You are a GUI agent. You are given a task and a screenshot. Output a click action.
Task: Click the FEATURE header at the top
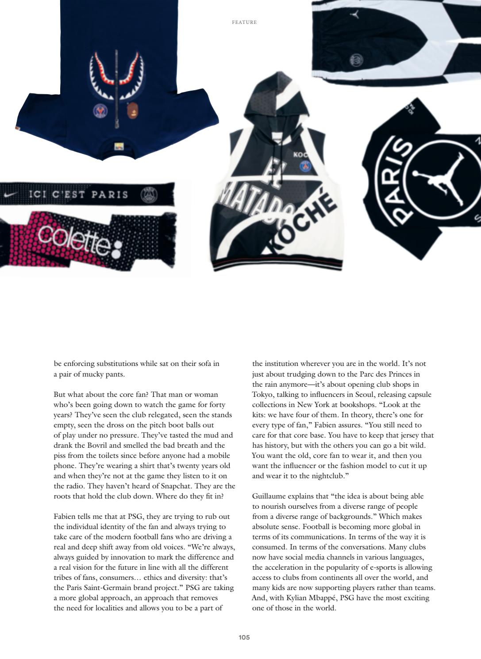pyautogui.click(x=244, y=22)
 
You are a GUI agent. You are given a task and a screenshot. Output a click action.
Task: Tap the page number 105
pyautogui.click(x=244, y=637)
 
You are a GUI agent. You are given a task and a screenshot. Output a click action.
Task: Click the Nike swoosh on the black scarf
pyautogui.click(x=10, y=194)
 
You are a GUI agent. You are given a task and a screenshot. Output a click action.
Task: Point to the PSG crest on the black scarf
pyautogui.click(x=149, y=194)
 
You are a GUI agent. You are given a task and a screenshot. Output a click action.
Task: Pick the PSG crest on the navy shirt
pyautogui.click(x=100, y=110)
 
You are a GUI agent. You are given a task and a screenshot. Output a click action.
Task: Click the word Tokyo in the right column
pyautogui.click(x=263, y=394)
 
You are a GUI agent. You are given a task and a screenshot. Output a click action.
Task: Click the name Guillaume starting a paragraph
pyautogui.click(x=269, y=496)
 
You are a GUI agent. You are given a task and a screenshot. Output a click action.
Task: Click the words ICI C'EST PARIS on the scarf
pyautogui.click(x=78, y=194)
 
